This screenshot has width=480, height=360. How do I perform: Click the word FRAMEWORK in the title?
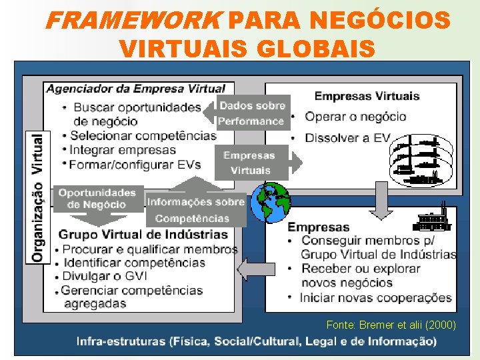click(x=132, y=21)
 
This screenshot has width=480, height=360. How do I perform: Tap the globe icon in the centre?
click(x=270, y=202)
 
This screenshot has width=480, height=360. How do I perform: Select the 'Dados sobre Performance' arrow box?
click(x=251, y=113)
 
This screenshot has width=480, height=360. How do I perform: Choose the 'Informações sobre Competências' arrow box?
click(x=195, y=209)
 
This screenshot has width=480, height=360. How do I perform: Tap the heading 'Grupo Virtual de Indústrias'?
click(x=143, y=235)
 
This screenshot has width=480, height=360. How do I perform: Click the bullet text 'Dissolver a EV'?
click(x=347, y=138)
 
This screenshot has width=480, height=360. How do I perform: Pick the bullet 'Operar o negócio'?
click(x=355, y=117)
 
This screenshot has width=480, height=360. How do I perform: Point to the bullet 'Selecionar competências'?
click(x=143, y=136)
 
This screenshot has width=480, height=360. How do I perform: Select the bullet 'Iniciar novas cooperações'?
click(x=376, y=298)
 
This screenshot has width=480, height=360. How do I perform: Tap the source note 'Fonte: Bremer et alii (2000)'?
click(x=391, y=325)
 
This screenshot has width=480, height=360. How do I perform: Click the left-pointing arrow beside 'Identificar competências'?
click(x=251, y=270)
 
